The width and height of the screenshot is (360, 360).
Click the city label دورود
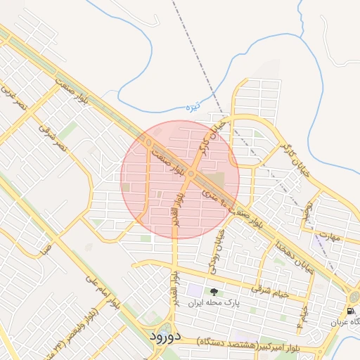(x=166, y=336)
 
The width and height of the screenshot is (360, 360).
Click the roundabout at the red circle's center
(x=191, y=176)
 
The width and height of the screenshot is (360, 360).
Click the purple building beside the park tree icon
(x=194, y=290)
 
